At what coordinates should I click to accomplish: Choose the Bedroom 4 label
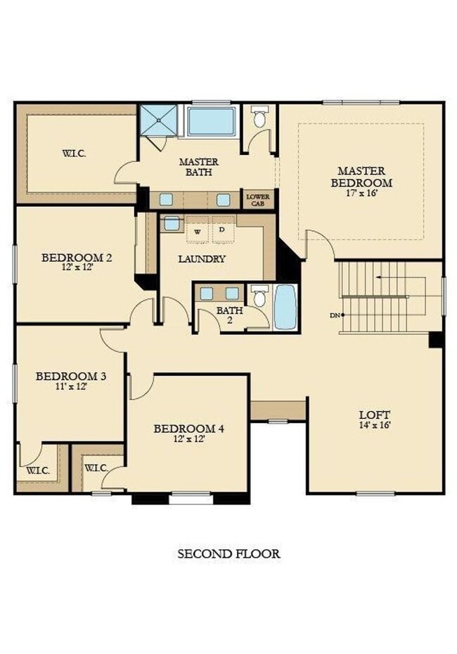189,429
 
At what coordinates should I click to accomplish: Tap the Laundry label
202,258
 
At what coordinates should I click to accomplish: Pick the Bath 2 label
229,310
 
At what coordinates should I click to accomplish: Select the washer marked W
198,230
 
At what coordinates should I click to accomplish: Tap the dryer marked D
222,229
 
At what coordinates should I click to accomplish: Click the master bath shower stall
157,121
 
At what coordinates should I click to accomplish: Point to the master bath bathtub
212,121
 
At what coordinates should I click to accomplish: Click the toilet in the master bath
260,118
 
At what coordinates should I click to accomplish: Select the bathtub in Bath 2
285,307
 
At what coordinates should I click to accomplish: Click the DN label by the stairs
335,315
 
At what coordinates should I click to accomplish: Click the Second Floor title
228,554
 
